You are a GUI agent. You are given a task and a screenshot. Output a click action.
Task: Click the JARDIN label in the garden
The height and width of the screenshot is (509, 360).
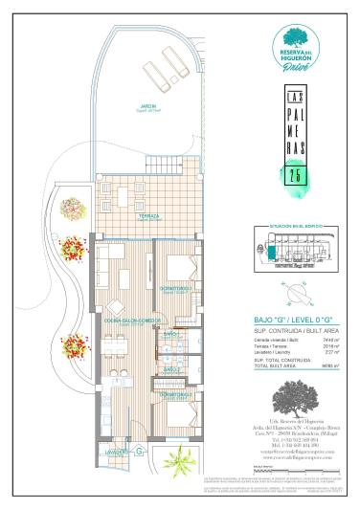pyautogui.click(x=148, y=106)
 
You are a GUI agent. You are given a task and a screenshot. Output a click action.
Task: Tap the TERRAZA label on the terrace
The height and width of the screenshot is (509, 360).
pyautogui.click(x=148, y=216)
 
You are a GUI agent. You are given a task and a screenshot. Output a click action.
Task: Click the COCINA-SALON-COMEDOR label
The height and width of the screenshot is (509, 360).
pyautogui.click(x=124, y=321)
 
